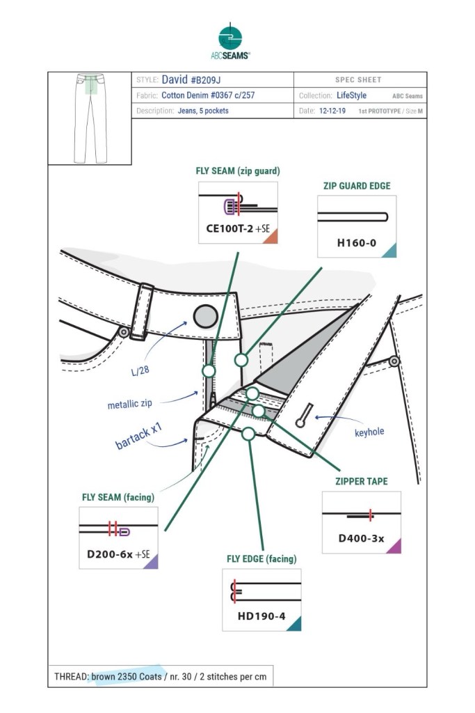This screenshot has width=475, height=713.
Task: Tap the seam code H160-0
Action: click(357, 243)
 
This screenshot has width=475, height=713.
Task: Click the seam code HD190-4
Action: click(261, 616)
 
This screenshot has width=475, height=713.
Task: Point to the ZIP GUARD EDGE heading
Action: click(356, 186)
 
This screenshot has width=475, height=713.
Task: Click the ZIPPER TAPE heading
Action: click(361, 480)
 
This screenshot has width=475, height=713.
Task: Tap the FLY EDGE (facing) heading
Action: click(261, 558)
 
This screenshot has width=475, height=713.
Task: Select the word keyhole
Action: click(369, 432)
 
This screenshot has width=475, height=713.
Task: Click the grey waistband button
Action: click(204, 316)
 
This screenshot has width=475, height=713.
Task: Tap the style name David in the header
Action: click(174, 80)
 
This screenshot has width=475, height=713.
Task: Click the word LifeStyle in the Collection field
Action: click(351, 96)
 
